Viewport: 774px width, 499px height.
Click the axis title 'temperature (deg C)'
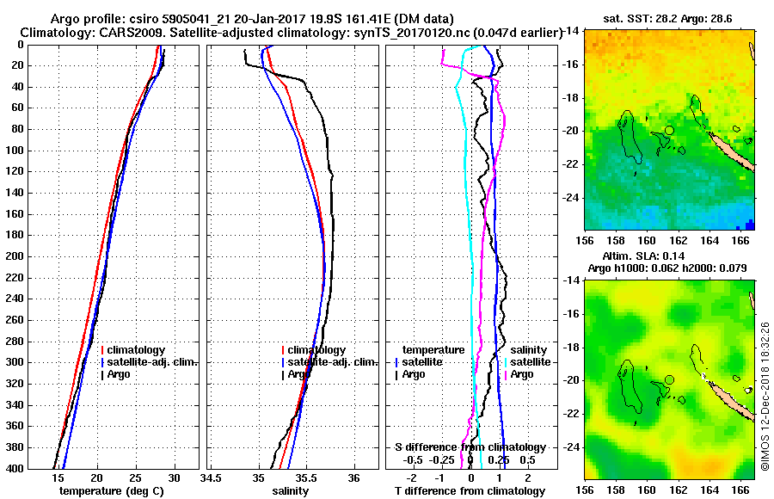(111, 491)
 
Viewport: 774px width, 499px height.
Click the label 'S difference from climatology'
(470, 447)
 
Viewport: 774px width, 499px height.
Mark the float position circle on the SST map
(669, 130)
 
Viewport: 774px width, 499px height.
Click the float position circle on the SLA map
(669, 379)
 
